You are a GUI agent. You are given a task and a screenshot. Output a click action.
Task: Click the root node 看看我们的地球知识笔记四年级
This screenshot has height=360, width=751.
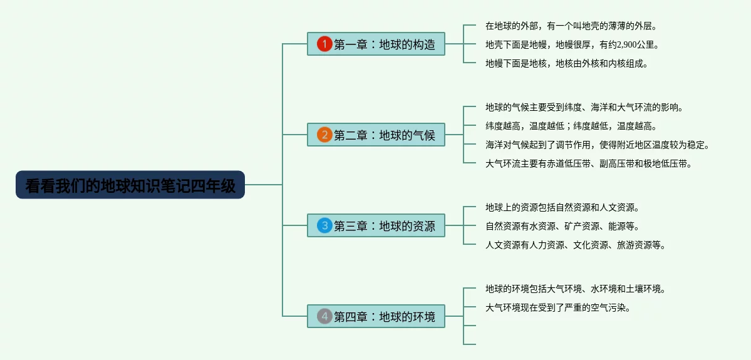tap(130, 185)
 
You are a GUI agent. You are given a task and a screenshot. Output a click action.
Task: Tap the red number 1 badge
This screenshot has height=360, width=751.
tap(324, 44)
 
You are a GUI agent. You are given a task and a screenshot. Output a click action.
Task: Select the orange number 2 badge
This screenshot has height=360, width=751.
tap(324, 135)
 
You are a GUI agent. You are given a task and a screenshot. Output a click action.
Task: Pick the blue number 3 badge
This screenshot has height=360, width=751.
tap(324, 226)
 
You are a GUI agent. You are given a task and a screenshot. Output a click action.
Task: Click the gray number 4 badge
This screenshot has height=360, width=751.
tap(324, 317)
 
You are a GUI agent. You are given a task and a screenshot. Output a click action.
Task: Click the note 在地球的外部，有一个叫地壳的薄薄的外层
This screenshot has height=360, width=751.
tap(571, 26)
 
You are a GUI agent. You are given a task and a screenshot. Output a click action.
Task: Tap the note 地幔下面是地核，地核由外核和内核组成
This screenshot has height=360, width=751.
tap(566, 63)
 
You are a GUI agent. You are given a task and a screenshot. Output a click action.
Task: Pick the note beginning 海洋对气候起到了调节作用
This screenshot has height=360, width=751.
tap(597, 145)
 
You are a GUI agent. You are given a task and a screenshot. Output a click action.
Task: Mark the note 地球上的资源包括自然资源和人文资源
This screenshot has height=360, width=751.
tap(562, 207)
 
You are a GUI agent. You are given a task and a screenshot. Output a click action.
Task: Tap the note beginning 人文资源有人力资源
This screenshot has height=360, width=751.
tap(575, 245)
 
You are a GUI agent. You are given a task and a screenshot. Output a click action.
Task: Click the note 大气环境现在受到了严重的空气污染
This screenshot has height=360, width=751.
tap(557, 307)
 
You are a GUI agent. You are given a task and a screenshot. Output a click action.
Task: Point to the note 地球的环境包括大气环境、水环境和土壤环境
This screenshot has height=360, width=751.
tap(575, 289)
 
